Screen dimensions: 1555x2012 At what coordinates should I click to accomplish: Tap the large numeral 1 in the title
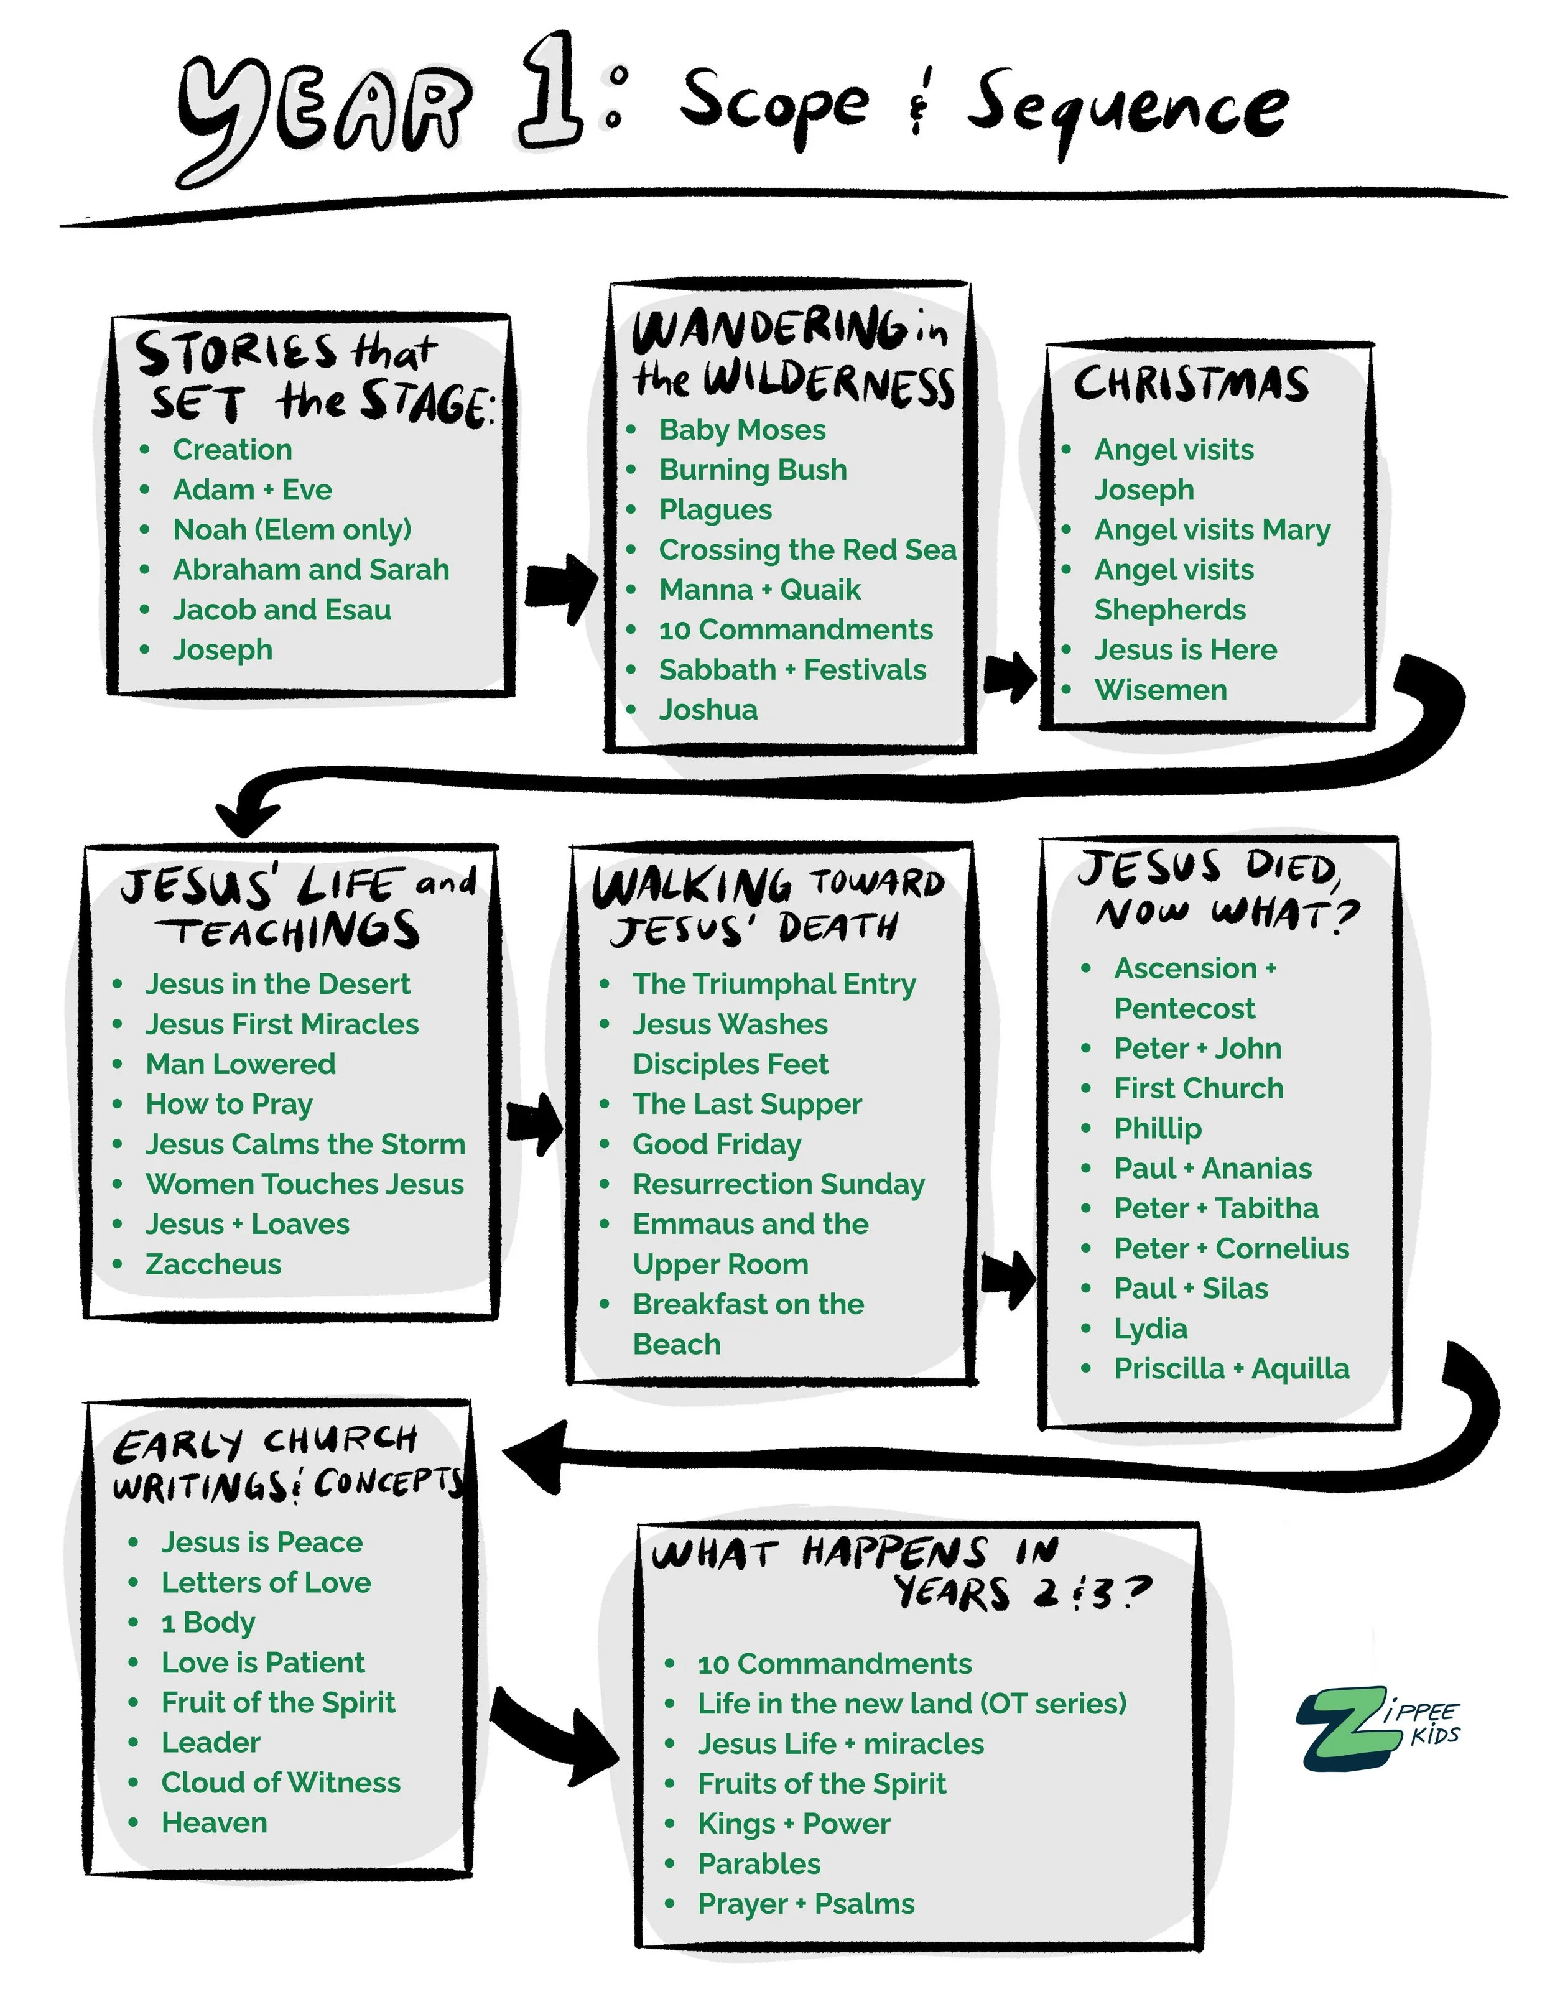[x=551, y=92]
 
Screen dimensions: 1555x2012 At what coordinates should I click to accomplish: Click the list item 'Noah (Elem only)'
[x=292, y=530]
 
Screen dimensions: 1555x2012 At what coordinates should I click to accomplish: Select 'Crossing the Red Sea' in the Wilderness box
[x=807, y=550]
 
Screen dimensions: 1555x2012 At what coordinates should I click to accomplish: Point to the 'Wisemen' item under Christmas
[x=1161, y=690]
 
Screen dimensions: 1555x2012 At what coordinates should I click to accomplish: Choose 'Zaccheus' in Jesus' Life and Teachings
[x=213, y=1264]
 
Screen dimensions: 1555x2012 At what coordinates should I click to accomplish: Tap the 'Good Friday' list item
[x=717, y=1144]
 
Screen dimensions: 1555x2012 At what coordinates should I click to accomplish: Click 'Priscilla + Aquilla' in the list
[x=1232, y=1369]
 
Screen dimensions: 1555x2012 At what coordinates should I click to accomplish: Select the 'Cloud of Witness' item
[x=281, y=1783]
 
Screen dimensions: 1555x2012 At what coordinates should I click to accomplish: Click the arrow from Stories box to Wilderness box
[x=562, y=589]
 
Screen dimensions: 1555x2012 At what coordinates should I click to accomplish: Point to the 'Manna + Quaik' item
[x=760, y=590]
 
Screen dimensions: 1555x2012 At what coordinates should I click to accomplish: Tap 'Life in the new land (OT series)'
[x=912, y=1704]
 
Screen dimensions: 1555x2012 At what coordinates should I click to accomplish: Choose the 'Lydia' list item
[x=1151, y=1329]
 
